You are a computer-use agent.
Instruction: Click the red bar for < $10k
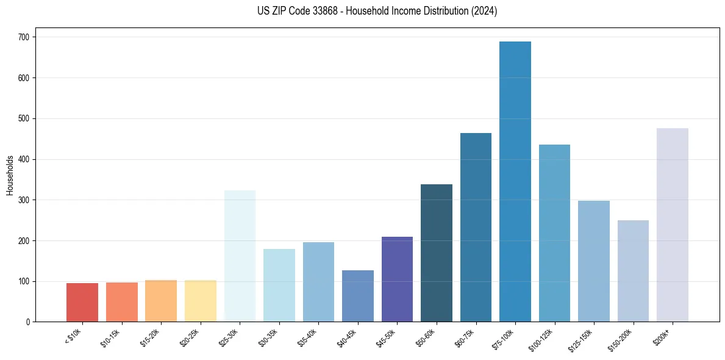tap(82, 302)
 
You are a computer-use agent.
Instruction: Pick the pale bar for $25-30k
tap(240, 256)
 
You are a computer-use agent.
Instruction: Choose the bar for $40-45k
tap(358, 296)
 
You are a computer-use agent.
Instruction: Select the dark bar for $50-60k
tap(437, 253)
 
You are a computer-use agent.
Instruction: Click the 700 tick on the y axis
tap(24, 37)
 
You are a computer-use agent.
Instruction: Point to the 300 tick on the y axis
tap(24, 200)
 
